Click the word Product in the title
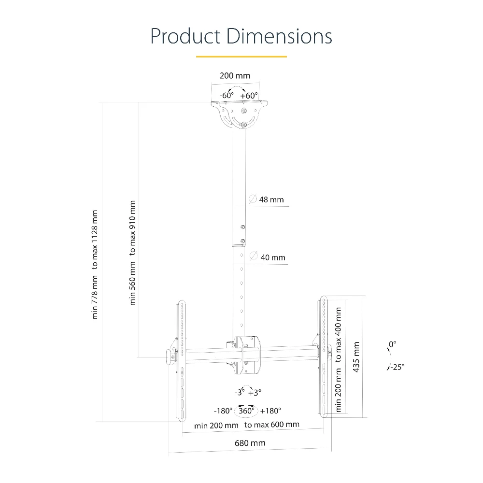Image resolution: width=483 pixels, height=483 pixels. click(x=185, y=36)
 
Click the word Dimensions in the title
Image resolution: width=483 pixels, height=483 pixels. click(x=279, y=36)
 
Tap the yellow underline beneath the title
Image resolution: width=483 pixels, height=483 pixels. click(x=241, y=57)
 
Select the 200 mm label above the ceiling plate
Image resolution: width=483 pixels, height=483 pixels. click(x=235, y=76)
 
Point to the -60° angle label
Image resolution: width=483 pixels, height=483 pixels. click(x=227, y=96)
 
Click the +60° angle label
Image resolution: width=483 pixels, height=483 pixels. click(x=249, y=96)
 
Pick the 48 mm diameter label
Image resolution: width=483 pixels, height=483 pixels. click(x=271, y=199)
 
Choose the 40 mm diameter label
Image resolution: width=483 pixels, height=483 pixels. click(x=272, y=257)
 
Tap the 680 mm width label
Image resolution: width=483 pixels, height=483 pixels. click(x=250, y=443)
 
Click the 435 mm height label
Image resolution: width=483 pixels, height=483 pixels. click(x=356, y=357)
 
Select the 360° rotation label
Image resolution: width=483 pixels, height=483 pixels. click(x=246, y=411)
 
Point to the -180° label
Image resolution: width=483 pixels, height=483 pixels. click(x=223, y=411)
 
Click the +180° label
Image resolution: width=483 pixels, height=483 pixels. click(x=270, y=411)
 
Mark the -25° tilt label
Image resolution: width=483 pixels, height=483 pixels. click(x=398, y=367)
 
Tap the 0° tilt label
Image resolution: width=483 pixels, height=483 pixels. click(x=392, y=344)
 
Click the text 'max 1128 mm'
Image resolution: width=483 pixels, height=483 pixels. click(x=95, y=235)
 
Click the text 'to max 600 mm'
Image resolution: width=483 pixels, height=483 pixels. click(x=271, y=425)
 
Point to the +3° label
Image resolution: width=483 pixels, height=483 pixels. click(x=255, y=393)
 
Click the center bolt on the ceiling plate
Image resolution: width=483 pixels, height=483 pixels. click(x=244, y=110)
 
